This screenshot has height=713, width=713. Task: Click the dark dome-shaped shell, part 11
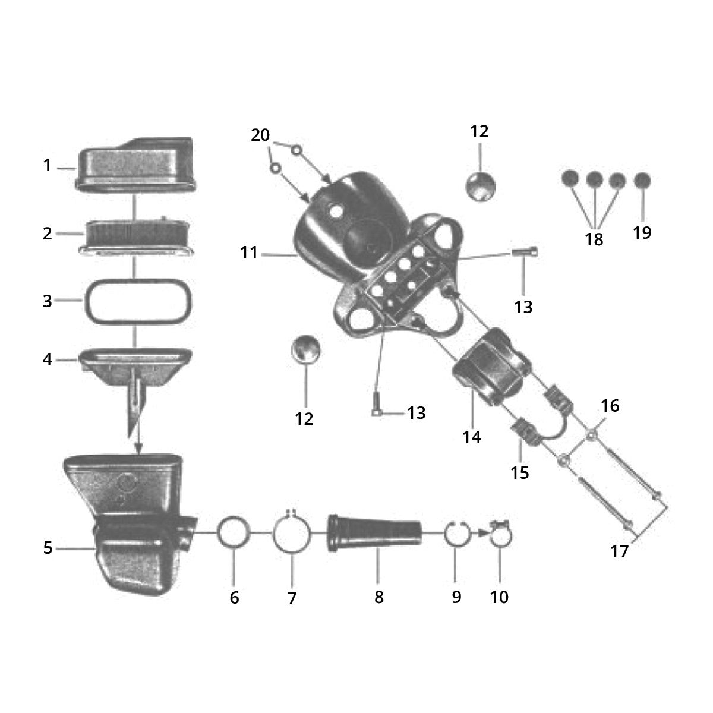click(x=339, y=226)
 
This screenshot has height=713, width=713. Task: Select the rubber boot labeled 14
click(x=490, y=368)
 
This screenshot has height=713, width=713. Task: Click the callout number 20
click(x=260, y=135)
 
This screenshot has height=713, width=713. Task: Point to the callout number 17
click(x=619, y=552)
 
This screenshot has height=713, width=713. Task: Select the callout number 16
click(x=610, y=406)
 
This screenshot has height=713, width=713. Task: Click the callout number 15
click(x=520, y=473)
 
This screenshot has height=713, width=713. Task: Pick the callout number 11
click(x=249, y=253)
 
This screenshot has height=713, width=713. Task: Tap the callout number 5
click(x=48, y=548)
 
